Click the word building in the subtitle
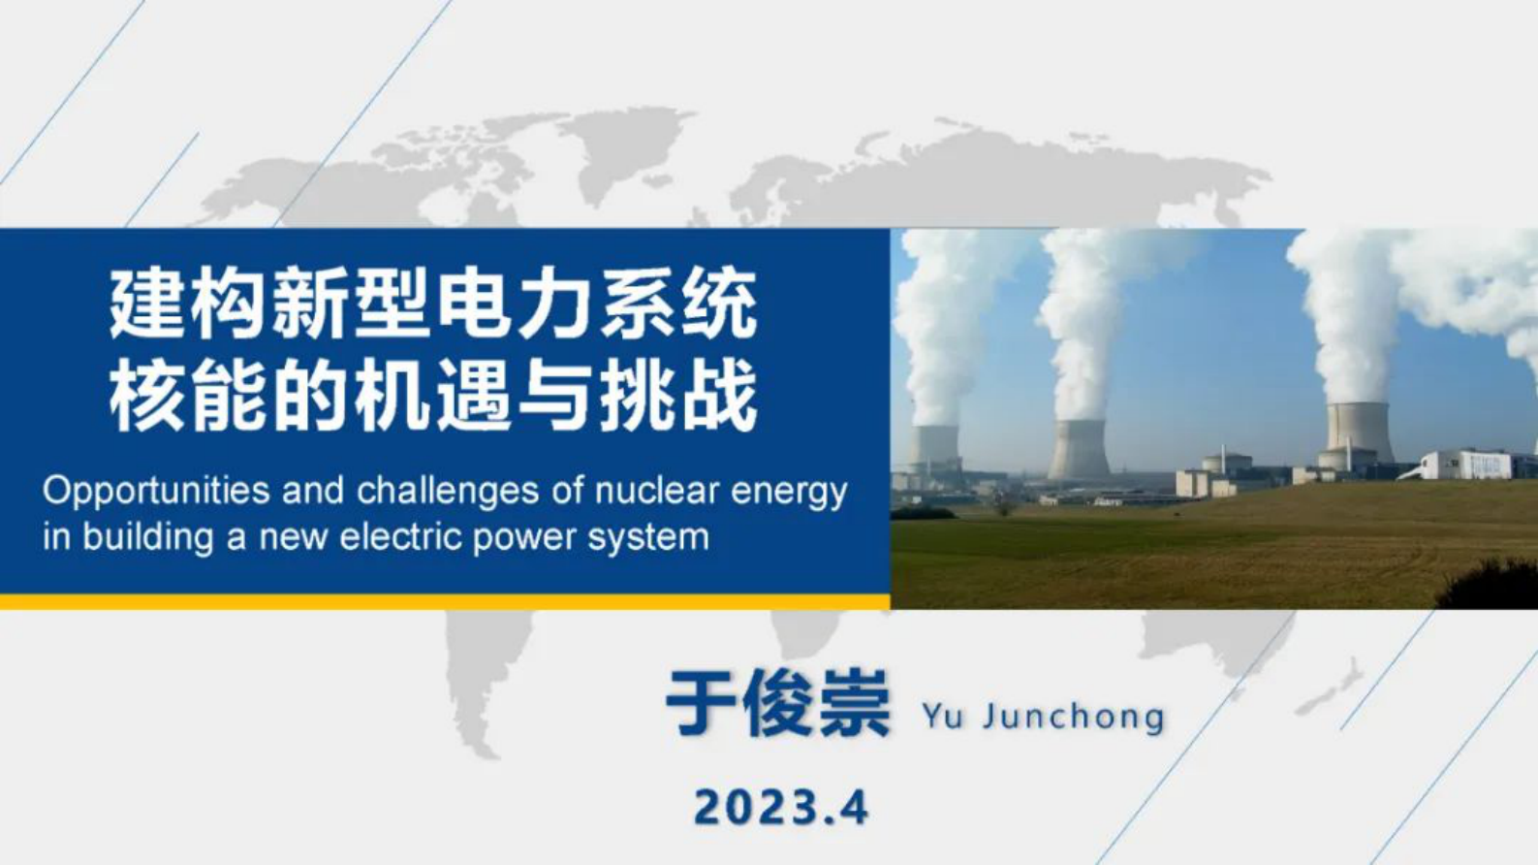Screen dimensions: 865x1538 pos(147,536)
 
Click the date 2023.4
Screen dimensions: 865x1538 pos(781,807)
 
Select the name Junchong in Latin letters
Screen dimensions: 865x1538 pos(1073,718)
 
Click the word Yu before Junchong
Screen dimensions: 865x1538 pos(941,717)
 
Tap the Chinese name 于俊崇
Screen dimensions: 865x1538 pos(777,704)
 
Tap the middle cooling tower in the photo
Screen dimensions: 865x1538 pos(1079,448)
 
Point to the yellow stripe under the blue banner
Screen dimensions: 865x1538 pos(445,602)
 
